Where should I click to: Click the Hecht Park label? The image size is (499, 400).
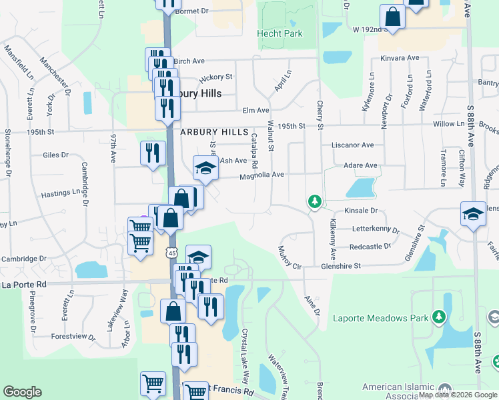[x=280, y=33]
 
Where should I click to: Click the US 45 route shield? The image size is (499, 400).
[x=172, y=253]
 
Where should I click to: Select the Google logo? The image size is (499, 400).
[x=22, y=392]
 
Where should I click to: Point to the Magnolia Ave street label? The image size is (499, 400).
[x=262, y=175]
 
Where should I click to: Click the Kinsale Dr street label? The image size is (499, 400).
[x=360, y=210]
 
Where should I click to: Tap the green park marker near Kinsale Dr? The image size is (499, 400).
[x=314, y=201]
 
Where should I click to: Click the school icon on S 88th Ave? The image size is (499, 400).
[x=473, y=214]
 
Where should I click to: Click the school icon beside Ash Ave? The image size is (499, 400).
[x=205, y=168]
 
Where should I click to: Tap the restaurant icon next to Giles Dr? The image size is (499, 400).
[x=153, y=153]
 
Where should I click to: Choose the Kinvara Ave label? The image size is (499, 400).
[x=399, y=58]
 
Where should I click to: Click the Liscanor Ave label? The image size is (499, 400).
[x=352, y=145]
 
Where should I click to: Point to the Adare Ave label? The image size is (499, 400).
[x=360, y=165]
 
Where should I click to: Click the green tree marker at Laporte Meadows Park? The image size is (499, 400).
[x=438, y=315]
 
